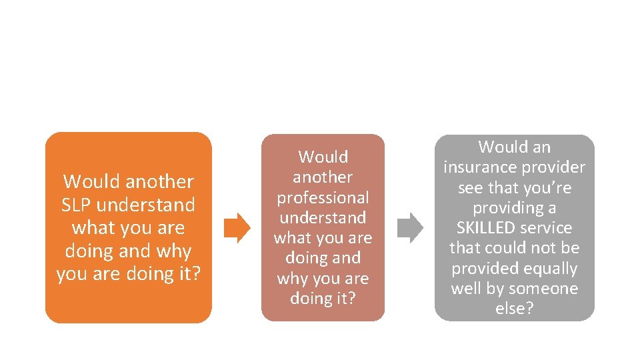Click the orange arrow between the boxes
click(x=237, y=228)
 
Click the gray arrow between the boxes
click(x=410, y=227)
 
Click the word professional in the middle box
click(x=323, y=197)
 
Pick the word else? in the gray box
click(x=514, y=309)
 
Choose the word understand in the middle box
click(x=323, y=217)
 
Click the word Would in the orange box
click(x=91, y=181)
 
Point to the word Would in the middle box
click(x=323, y=157)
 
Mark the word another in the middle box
click(x=323, y=177)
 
